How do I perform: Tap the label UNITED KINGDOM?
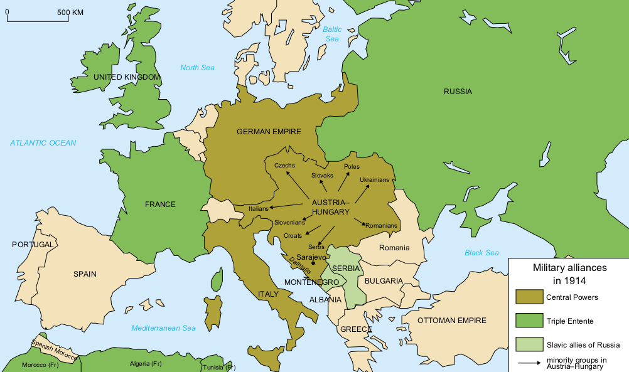click(127, 77)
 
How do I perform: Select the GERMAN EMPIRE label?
click(269, 132)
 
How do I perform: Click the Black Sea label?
click(481, 253)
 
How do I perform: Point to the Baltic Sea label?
click(332, 34)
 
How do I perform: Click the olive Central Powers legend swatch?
click(528, 297)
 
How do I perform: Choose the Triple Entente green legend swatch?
click(528, 321)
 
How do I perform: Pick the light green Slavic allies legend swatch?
click(528, 344)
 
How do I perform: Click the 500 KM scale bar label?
click(71, 13)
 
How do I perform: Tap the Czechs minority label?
click(284, 165)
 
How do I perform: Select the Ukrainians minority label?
click(374, 180)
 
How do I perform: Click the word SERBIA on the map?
click(346, 268)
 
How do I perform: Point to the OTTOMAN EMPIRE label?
click(451, 321)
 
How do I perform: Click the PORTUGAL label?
click(33, 244)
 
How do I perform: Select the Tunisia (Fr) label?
click(218, 367)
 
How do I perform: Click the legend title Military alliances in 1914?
click(569, 273)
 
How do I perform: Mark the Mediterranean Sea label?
click(163, 328)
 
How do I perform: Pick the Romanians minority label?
click(381, 225)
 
